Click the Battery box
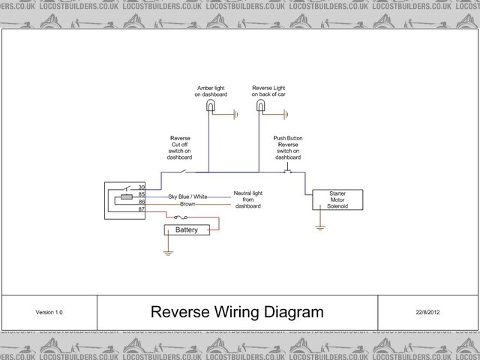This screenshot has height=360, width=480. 186,229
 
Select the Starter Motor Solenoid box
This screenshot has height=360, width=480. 337,199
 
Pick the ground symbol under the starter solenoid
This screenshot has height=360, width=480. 320,225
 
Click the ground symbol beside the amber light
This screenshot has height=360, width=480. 235,115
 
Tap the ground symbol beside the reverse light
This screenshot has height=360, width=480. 285,115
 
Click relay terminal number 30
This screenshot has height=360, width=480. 141,187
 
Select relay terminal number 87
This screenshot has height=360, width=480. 141,209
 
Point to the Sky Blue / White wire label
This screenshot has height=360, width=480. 178,196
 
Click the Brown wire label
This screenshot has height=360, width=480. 187,203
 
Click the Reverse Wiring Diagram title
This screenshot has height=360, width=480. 237,311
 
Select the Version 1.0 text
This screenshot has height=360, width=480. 49,312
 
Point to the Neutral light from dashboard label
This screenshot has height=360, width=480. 247,199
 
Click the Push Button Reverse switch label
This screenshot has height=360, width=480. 288,148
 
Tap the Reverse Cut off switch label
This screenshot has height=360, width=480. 180,148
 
